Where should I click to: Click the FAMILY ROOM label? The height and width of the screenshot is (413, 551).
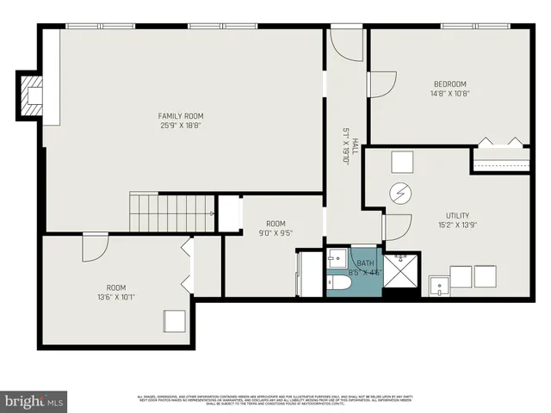pyautogui.click(x=180, y=115)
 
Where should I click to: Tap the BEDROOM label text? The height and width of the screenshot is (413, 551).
pyautogui.click(x=449, y=84)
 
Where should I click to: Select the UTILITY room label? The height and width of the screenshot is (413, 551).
pyautogui.click(x=457, y=215)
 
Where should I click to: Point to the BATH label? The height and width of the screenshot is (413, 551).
pyautogui.click(x=366, y=263)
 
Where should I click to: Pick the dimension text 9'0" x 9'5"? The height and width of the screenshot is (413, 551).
pyautogui.click(x=275, y=231)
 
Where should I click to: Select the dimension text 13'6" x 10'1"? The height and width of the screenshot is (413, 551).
pyautogui.click(x=115, y=298)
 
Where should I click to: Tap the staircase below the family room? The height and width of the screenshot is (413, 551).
pyautogui.click(x=171, y=213)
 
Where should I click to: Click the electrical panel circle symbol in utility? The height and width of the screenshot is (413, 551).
pyautogui.click(x=400, y=194)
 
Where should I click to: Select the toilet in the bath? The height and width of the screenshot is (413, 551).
pyautogui.click(x=338, y=282)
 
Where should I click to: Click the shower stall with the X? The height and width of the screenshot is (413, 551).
pyautogui.click(x=399, y=270)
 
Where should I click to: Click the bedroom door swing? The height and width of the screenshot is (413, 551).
pyautogui.click(x=381, y=83)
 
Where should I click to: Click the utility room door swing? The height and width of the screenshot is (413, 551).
pyautogui.click(x=396, y=227)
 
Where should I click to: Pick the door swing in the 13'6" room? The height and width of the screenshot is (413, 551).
pyautogui.click(x=95, y=247)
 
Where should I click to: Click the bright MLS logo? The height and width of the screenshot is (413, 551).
pyautogui.click(x=34, y=401)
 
